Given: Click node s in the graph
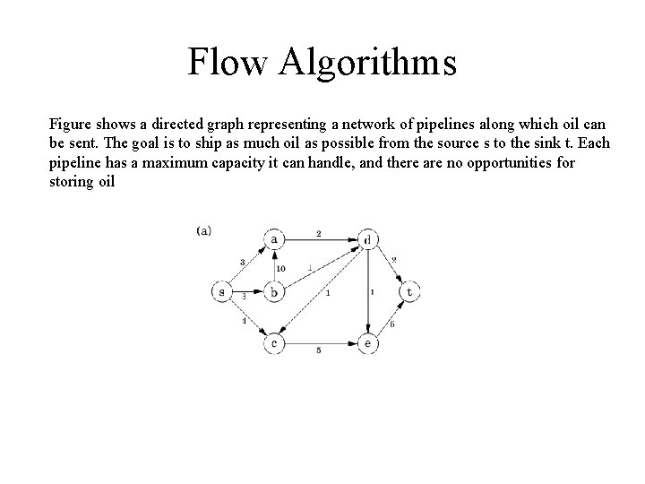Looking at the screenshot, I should point(221,291).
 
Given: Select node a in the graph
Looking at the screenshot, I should point(275,239).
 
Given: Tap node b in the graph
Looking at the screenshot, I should point(275,291).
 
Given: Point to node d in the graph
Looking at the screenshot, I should point(367,239).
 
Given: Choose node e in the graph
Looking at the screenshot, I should point(367,343).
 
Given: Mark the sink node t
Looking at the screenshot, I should point(410,291).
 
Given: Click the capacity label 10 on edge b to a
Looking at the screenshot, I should point(280,268).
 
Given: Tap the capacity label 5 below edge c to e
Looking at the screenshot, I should point(319,351).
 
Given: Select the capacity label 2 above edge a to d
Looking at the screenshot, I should point(319,233).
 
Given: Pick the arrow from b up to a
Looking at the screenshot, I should point(275,265).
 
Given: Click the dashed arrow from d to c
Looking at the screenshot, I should point(322,291).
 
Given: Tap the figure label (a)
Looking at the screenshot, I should point(203,230).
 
